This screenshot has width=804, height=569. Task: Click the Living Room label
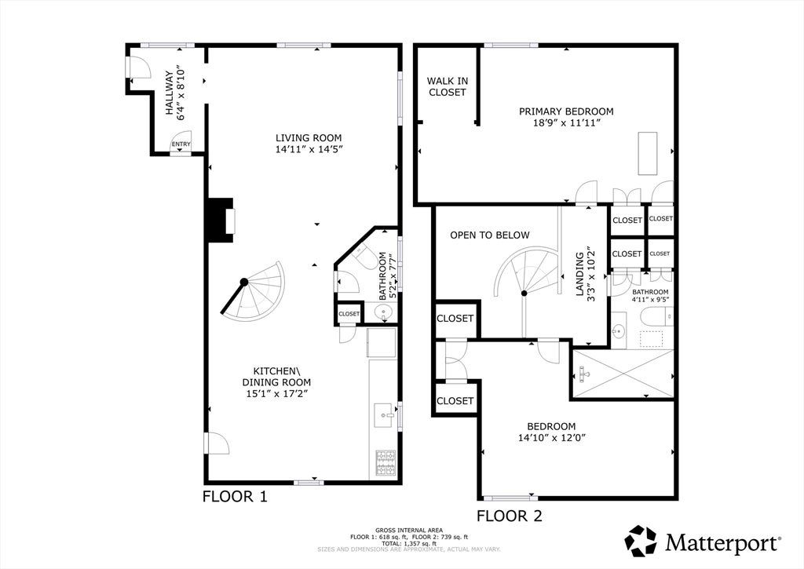tap(309, 138)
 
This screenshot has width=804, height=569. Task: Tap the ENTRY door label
tap(181, 144)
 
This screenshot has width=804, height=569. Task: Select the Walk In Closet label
tap(447, 86)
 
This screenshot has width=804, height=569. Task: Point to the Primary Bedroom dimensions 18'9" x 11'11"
tap(566, 123)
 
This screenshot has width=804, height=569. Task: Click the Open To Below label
tap(490, 235)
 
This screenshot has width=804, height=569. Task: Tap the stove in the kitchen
tap(386, 463)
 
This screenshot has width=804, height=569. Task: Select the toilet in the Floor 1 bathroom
tap(363, 252)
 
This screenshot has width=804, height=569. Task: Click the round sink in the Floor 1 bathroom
tap(383, 312)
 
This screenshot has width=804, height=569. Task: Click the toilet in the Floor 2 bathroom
tap(658, 316)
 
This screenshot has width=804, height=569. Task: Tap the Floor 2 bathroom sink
tap(619, 331)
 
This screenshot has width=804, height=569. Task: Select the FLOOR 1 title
tap(235, 496)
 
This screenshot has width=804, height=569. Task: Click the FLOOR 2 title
tap(509, 516)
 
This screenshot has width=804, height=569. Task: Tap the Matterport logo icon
tap(641, 541)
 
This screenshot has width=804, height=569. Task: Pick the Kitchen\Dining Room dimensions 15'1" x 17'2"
tap(276, 394)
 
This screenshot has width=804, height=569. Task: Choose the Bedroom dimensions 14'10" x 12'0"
tap(552, 438)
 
